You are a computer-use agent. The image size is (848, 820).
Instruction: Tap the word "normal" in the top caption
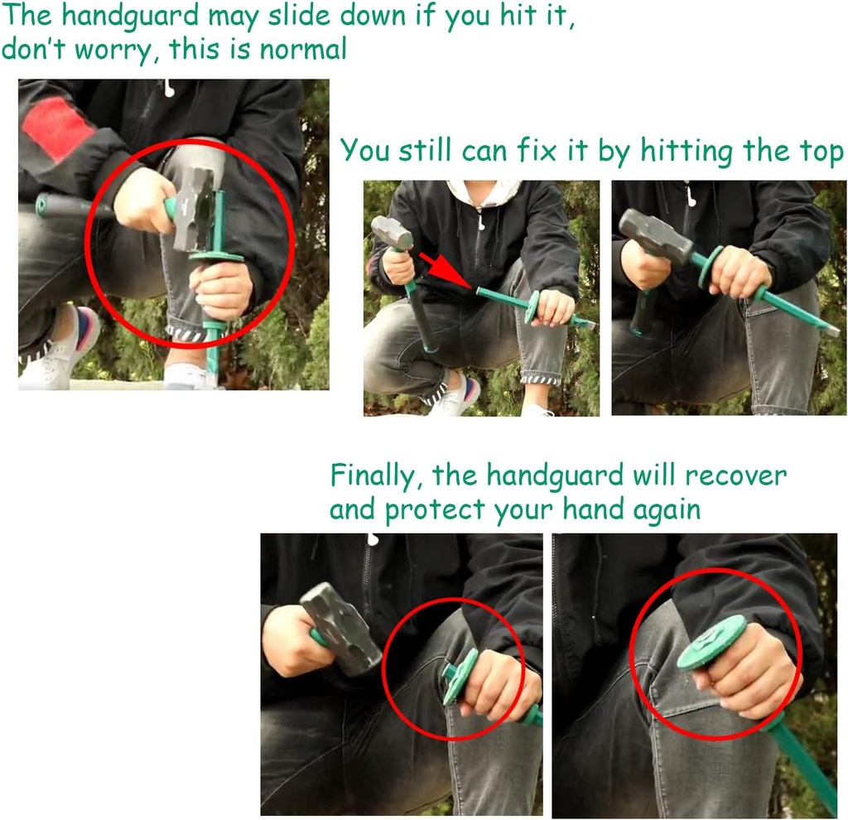[303, 49]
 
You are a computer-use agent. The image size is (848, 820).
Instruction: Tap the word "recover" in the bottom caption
[736, 476]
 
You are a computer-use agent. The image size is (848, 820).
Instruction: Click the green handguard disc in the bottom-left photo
[460, 677]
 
